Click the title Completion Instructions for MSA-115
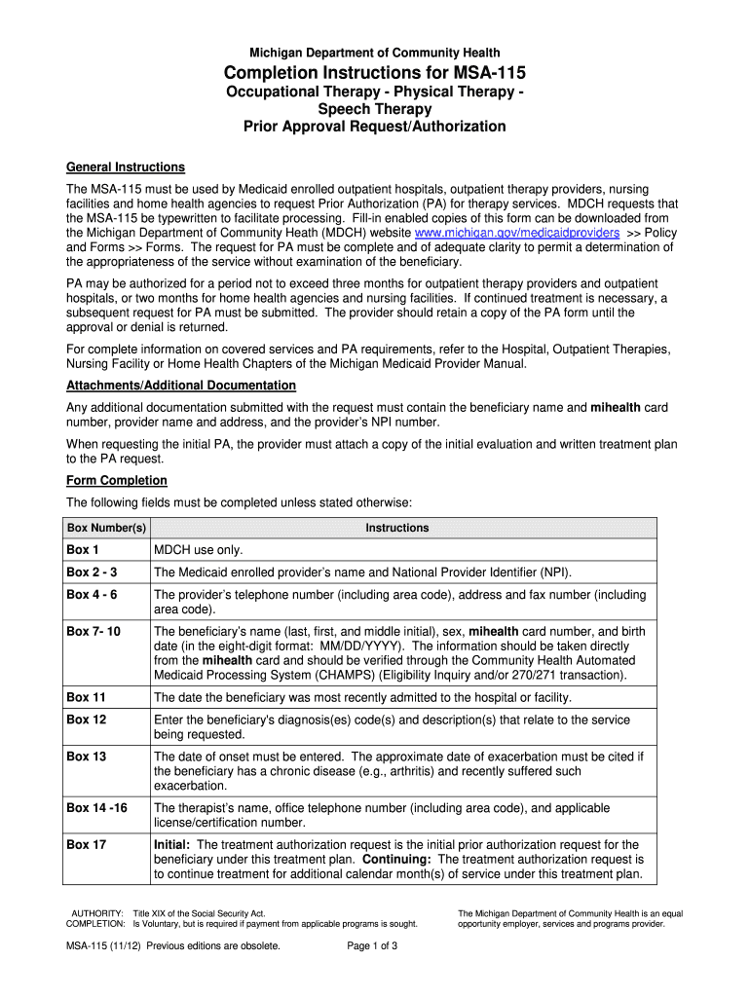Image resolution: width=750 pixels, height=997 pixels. tap(374, 75)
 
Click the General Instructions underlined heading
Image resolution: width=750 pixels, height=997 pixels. tap(125, 167)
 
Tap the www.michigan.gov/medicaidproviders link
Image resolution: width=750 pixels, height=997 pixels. tap(517, 235)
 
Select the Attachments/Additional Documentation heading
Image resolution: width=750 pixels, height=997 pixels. tap(180, 386)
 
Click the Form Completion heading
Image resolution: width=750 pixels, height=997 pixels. tap(116, 481)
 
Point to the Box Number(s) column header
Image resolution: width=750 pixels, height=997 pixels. tap(106, 528)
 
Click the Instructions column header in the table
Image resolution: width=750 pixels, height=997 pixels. tap(396, 528)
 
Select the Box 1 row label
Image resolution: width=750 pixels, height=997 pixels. tap(83, 550)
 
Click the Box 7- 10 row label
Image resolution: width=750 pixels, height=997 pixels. tap(94, 632)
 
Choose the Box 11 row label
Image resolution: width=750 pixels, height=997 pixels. tap(86, 697)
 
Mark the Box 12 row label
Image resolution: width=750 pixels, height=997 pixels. tap(86, 720)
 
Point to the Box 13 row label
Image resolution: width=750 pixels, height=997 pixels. tap(86, 757)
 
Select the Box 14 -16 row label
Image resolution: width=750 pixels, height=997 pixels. tap(96, 808)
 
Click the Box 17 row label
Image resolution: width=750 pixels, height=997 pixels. tap(86, 845)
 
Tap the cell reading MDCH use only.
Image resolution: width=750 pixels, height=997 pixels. tap(198, 550)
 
